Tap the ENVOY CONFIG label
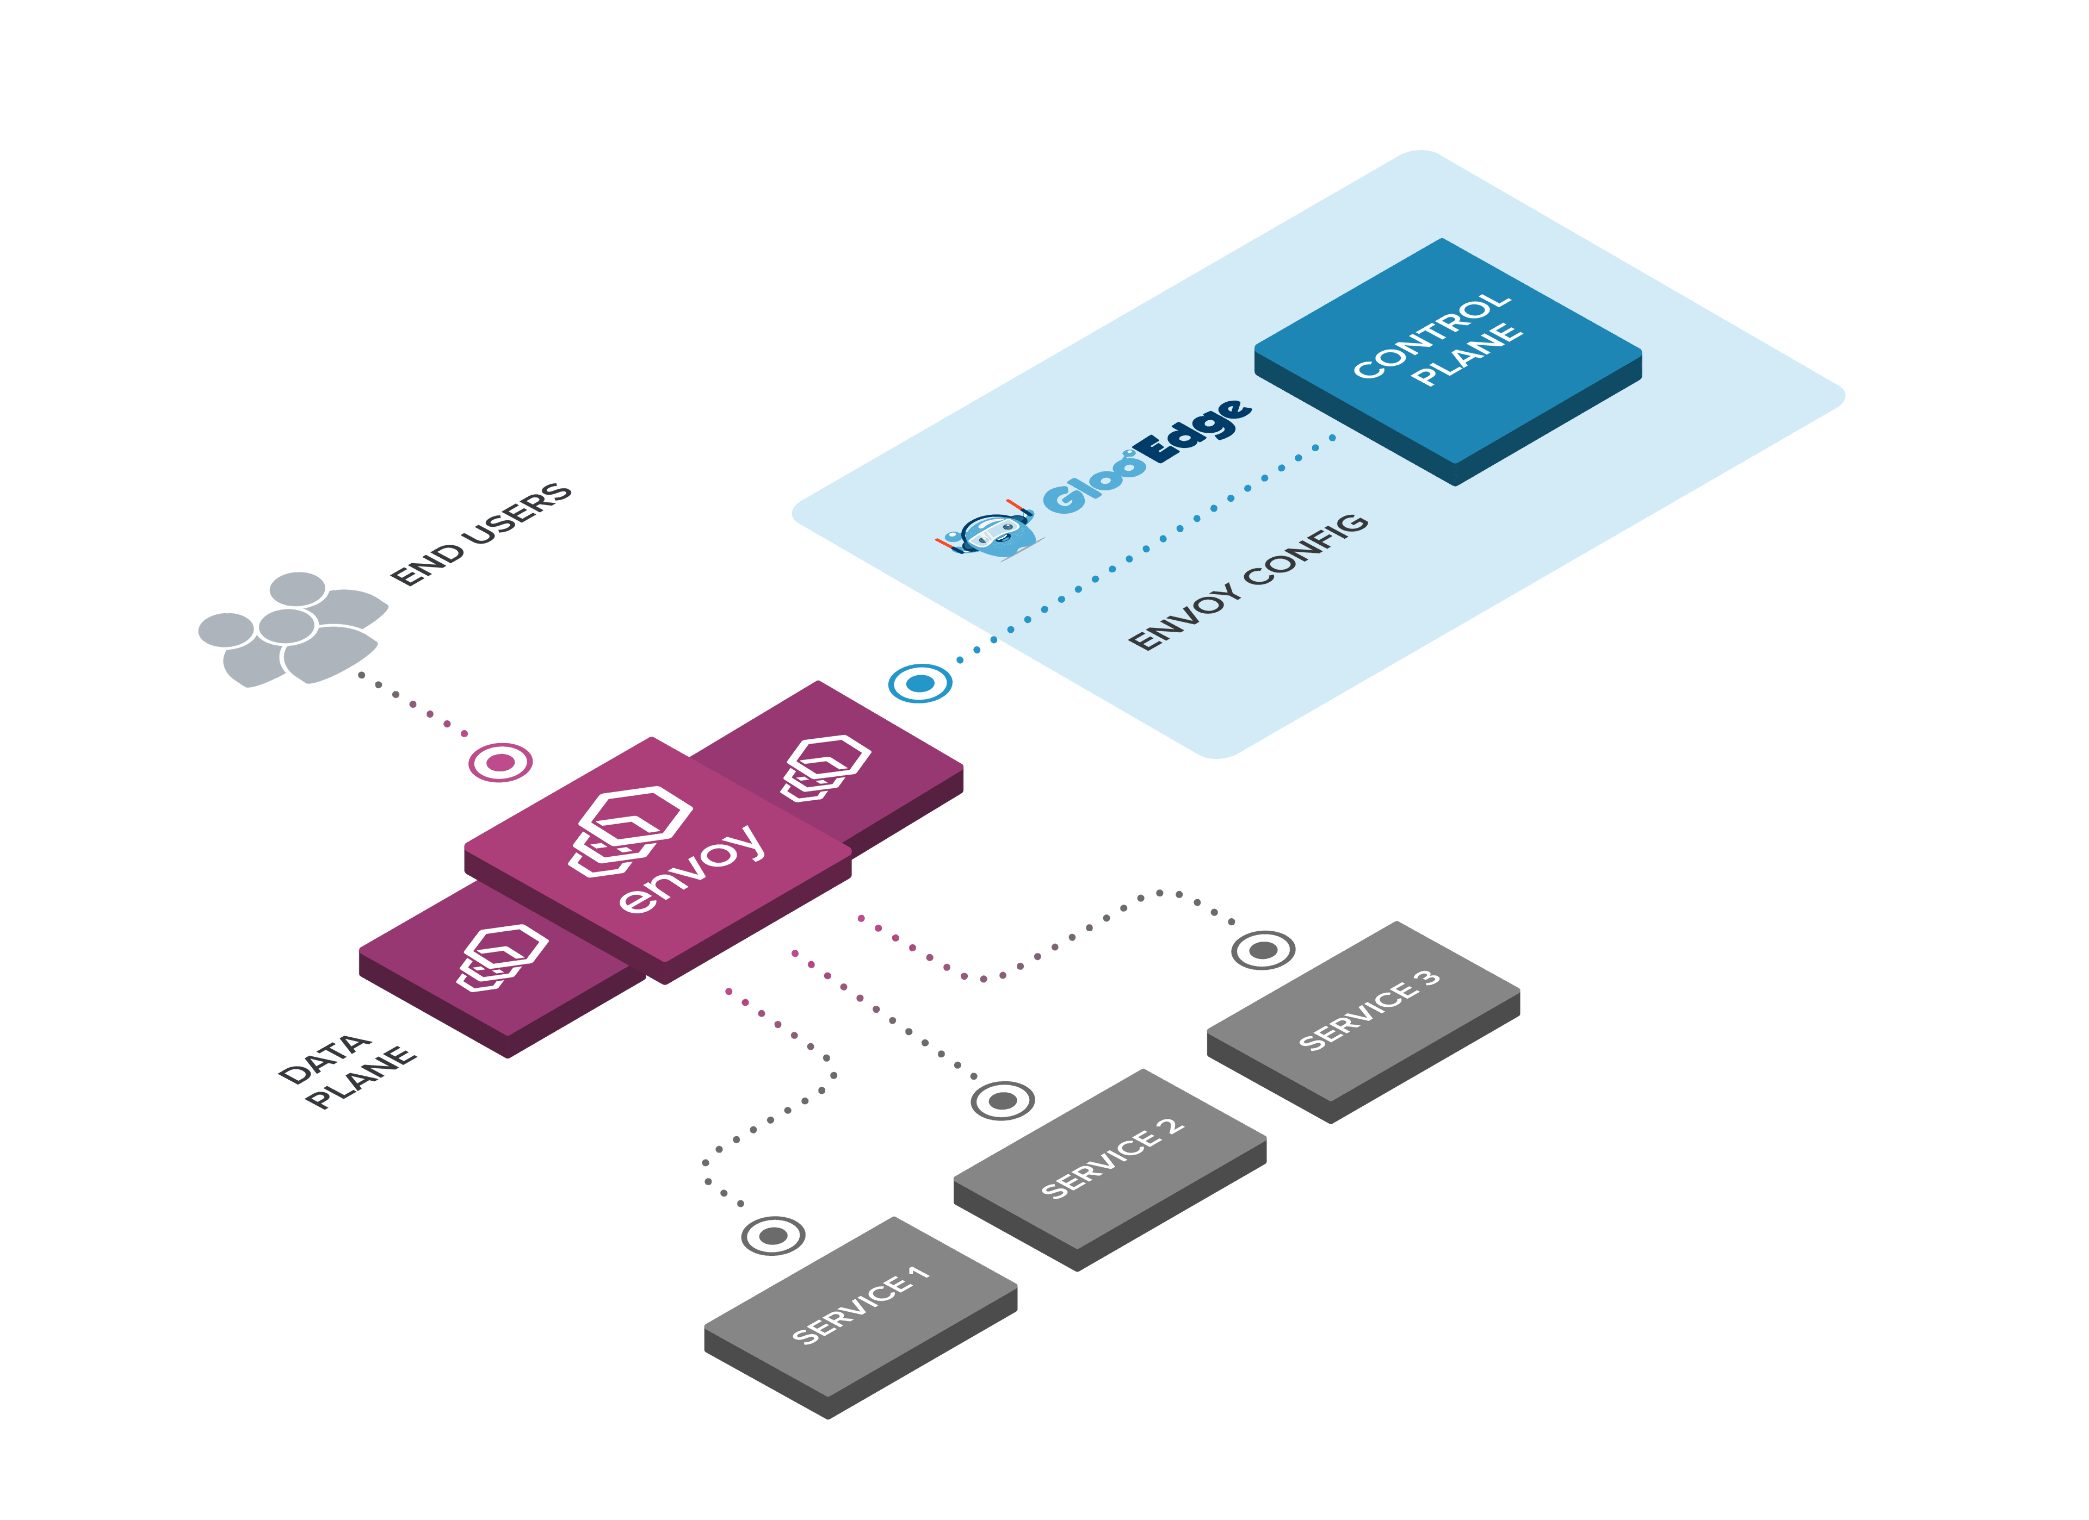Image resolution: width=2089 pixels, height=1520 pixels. click(1248, 582)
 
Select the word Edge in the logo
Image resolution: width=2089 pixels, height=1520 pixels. click(1194, 431)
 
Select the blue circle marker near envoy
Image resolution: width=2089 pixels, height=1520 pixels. click(919, 683)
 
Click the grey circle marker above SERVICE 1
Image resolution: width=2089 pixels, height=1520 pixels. click(773, 1236)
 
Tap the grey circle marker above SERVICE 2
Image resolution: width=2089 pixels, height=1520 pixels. click(1003, 1100)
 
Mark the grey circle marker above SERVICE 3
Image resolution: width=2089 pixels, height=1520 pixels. click(1263, 949)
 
